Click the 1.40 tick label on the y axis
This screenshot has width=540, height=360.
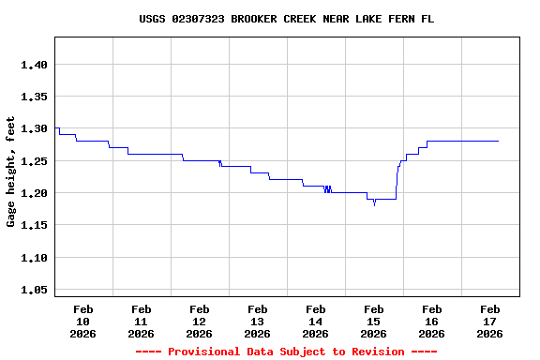pos(34,65)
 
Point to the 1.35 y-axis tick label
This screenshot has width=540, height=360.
pos(34,97)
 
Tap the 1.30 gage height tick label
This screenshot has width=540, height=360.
pos(34,128)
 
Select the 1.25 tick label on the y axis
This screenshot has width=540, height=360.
pos(34,161)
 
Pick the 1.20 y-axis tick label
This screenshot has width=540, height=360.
pos(34,193)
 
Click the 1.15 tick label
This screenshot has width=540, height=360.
pos(34,225)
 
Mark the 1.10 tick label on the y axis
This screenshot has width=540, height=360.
pos(34,258)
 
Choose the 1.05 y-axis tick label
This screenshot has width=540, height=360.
pos(34,290)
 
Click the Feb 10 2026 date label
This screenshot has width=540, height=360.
pos(82,321)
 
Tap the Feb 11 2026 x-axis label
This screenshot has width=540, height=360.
pos(141,321)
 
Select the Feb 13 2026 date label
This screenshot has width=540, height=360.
pos(257,321)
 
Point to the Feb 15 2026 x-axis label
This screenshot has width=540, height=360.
pos(373,321)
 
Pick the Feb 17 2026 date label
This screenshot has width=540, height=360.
pos(489,321)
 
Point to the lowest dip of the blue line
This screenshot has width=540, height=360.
pos(374,203)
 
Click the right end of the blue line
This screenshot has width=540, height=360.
pos(498,141)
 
